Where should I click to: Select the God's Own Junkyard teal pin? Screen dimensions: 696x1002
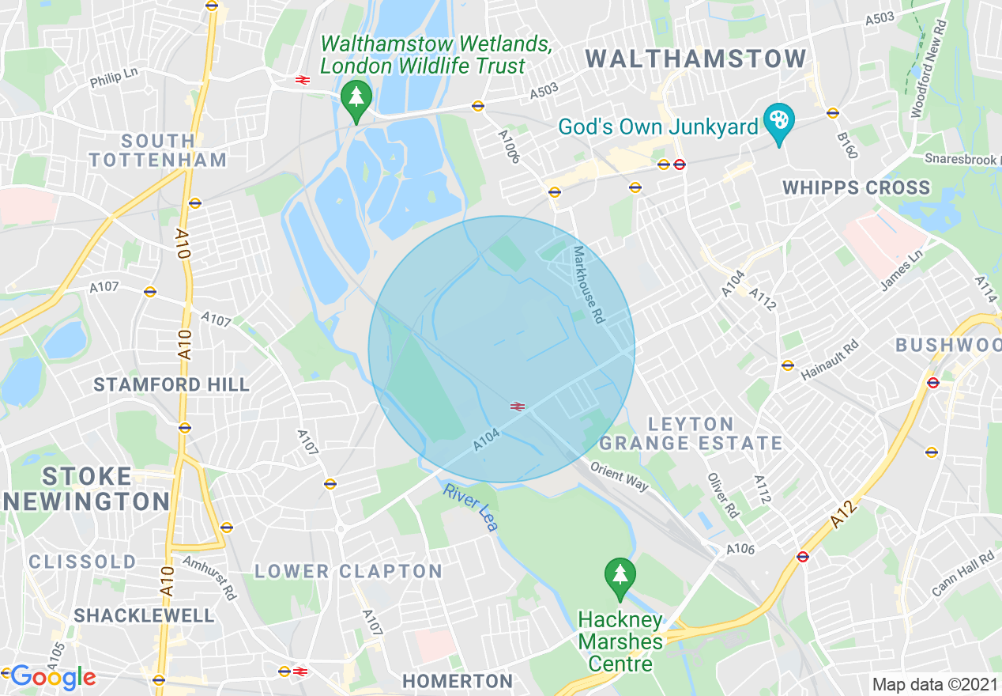point(779,123)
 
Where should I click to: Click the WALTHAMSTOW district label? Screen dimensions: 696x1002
point(696,59)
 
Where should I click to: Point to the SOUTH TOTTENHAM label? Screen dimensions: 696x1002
point(158,150)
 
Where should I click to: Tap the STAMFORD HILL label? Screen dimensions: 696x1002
point(171,385)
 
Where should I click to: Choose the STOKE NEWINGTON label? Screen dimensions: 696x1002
point(86,489)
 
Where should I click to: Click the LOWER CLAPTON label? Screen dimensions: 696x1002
point(348,571)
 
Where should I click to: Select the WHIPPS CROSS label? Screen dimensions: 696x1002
point(857,188)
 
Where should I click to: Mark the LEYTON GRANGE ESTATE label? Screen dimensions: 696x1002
point(691,433)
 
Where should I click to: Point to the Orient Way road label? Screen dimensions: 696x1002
point(619,475)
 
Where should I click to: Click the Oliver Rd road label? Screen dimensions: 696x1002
point(723,496)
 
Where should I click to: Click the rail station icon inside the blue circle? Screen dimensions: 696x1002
point(518,406)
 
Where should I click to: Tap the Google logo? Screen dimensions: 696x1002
point(53,677)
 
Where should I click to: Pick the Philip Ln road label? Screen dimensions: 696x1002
point(114,77)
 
